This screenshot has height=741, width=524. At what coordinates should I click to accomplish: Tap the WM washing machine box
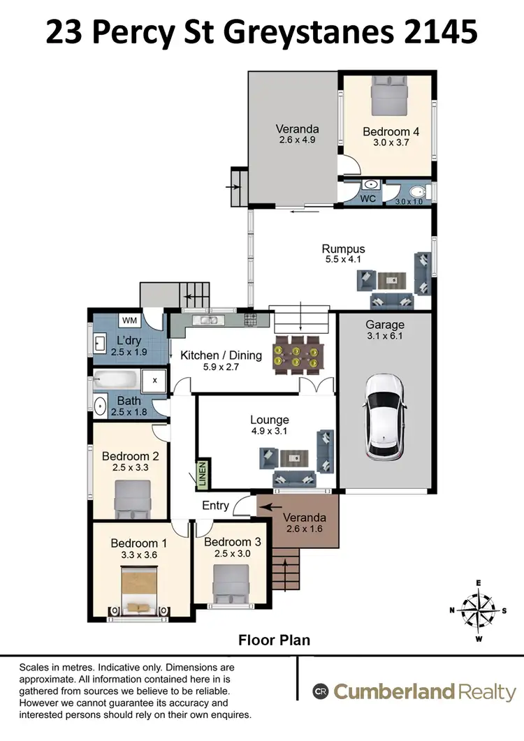coord(129,321)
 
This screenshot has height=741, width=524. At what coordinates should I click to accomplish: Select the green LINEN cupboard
coord(203,474)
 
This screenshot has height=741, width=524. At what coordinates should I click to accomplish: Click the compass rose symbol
coord(479,609)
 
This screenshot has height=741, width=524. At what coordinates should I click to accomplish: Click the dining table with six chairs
coord(298,354)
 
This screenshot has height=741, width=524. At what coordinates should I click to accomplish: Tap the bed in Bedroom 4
coord(387,96)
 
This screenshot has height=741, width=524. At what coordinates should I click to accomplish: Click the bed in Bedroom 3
coord(231,583)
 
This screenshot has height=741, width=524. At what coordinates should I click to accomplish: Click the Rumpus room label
coord(343,249)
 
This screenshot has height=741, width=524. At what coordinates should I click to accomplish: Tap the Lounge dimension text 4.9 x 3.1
coord(270,431)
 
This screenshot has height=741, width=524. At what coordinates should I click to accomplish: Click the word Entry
coord(215,505)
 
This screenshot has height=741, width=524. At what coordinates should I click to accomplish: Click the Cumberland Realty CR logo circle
coord(321,691)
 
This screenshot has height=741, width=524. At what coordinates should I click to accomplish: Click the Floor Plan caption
coord(274,639)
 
